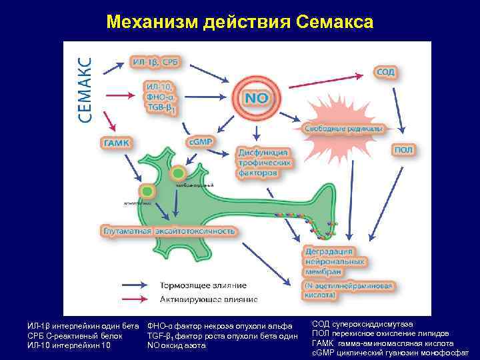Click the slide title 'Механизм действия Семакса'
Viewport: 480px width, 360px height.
[x=240, y=22]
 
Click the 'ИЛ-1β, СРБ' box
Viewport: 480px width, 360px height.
[x=155, y=62]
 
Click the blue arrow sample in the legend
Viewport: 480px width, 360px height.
[x=139, y=285]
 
